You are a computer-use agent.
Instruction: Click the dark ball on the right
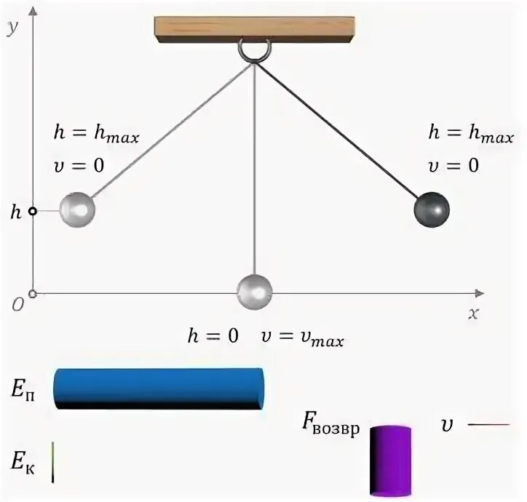click(x=432, y=210)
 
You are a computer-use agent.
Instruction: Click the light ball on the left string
click(x=77, y=210)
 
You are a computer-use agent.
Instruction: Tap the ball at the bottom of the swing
click(x=255, y=291)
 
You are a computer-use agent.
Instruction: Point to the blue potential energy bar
click(x=159, y=388)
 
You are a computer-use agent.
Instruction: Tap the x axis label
click(x=473, y=314)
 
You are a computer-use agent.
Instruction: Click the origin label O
click(x=16, y=304)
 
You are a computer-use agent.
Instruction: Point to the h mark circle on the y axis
click(x=32, y=212)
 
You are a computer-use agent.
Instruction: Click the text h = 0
click(x=213, y=337)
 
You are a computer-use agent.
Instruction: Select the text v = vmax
click(x=302, y=338)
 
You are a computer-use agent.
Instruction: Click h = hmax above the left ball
click(x=96, y=135)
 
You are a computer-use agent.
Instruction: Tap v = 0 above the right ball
click(x=453, y=165)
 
